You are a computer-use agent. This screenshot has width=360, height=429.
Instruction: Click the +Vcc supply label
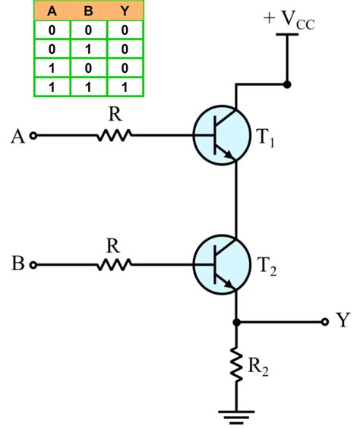289,19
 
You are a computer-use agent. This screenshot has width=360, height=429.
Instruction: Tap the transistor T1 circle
221,135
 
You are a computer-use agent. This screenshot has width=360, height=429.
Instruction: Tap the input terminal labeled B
33,265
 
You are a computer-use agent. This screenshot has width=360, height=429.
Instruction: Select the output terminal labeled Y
326,321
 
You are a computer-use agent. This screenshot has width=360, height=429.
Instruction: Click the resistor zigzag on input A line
114,136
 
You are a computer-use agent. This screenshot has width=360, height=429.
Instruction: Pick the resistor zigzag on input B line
114,264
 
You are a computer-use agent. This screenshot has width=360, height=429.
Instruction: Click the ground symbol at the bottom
236,414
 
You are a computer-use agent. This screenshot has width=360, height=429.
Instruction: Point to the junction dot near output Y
236,322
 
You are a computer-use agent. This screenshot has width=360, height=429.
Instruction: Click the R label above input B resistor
112,245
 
